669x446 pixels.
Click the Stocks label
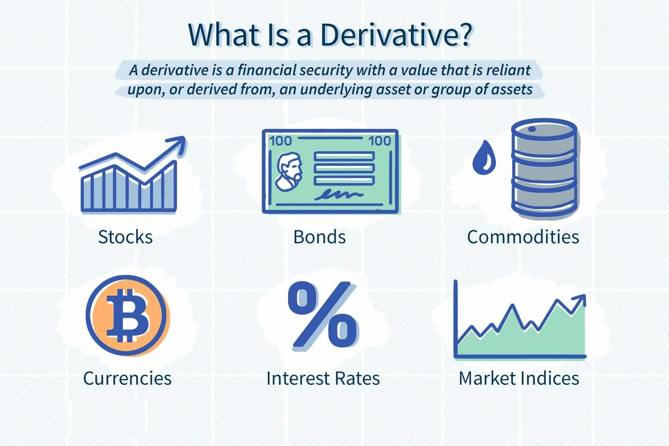[x=125, y=237]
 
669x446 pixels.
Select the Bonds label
[x=320, y=237]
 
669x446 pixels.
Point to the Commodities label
[x=523, y=237]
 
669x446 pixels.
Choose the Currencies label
[x=128, y=378]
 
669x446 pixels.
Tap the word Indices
[x=550, y=378]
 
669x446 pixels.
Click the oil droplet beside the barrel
[x=484, y=157]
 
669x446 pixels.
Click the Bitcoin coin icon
[x=127, y=316]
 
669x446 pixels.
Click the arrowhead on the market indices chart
[x=579, y=300]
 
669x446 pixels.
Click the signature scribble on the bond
[x=339, y=195]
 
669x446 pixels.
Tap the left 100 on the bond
[x=281, y=141]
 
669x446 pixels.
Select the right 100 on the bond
[x=380, y=141]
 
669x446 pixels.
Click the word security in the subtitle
[x=326, y=71]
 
